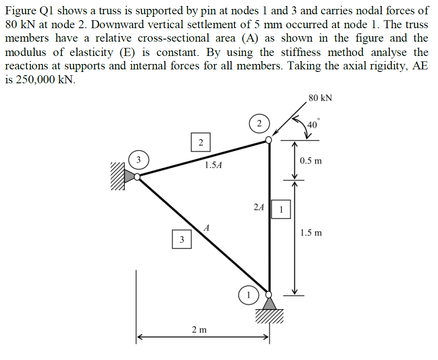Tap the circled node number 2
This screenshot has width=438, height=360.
(x=260, y=123)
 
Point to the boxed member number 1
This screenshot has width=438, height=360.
(x=281, y=209)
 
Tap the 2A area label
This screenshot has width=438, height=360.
(x=259, y=207)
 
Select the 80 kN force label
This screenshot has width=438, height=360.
(x=320, y=98)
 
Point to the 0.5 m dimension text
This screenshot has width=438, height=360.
(x=311, y=161)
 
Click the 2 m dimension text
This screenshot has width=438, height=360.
(x=199, y=329)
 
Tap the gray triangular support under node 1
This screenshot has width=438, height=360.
(x=269, y=303)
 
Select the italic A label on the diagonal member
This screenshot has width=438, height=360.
(x=207, y=228)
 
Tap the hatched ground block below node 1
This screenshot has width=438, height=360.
(x=269, y=316)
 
